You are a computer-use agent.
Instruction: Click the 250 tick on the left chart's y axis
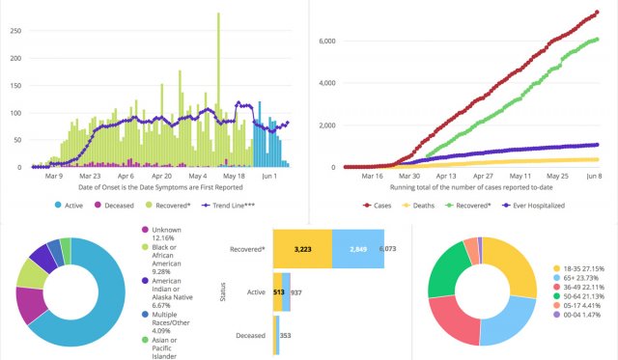click(14, 30)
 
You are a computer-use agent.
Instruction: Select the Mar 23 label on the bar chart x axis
click(90, 177)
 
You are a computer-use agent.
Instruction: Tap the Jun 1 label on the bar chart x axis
click(269, 177)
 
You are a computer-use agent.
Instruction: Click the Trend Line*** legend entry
click(234, 206)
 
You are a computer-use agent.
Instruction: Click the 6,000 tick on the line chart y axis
click(326, 41)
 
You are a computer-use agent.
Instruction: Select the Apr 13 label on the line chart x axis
click(445, 178)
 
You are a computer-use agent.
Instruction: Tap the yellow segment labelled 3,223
click(301, 247)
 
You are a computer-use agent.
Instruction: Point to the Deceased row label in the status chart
click(251, 336)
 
